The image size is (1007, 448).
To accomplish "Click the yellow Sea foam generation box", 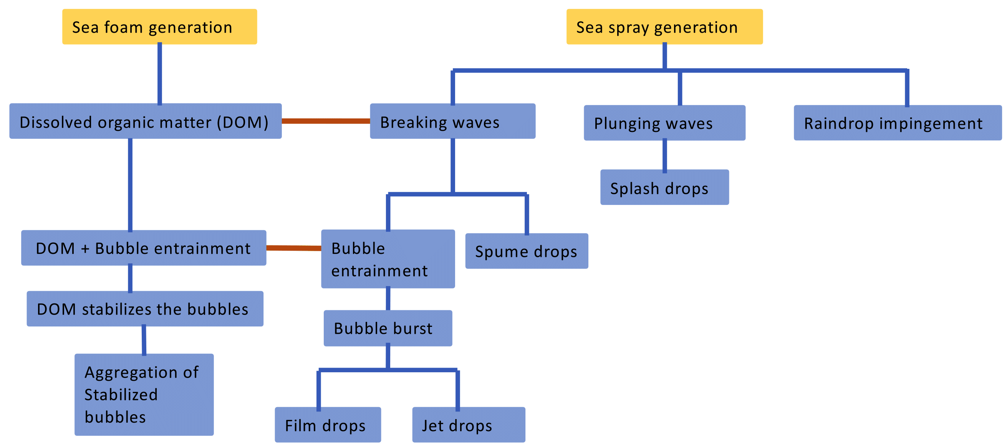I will (159, 27).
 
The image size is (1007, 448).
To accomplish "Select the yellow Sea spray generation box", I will (664, 27).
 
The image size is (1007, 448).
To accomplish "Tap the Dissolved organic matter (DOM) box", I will (146, 121).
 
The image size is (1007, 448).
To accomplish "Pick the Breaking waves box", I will (452, 121).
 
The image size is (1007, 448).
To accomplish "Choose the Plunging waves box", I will (664, 123).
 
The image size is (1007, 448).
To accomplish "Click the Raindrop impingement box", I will (898, 123).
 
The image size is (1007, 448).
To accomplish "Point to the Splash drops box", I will (664, 187).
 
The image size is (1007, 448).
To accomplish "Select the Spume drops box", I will (526, 251).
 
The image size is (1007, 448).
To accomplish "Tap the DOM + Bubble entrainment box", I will (144, 248).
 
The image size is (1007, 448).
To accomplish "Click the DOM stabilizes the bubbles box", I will (145, 309).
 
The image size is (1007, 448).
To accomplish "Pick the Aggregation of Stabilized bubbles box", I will (144, 395).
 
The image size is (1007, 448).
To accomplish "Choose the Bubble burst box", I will (388, 328).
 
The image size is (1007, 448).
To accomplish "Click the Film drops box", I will (328, 425).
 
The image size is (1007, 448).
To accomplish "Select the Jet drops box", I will (468, 425).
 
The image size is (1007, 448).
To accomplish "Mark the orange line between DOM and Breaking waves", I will (326, 121).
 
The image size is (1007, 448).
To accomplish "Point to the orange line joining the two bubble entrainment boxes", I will (293, 248).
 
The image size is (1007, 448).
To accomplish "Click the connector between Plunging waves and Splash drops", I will (664, 155).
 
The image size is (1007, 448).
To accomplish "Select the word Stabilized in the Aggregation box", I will (121, 395).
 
